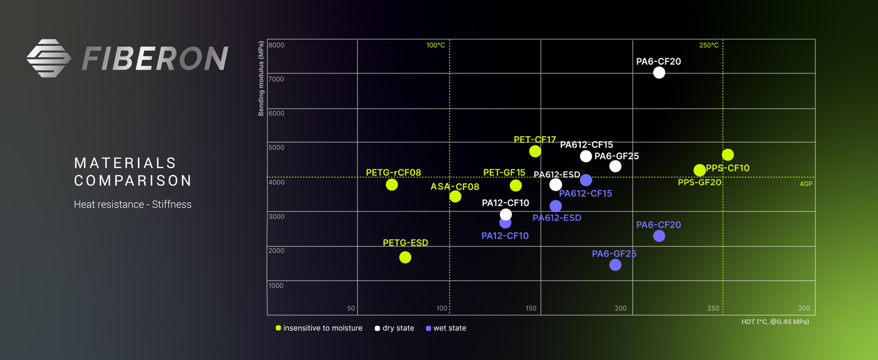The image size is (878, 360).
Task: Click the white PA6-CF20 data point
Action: (658, 72)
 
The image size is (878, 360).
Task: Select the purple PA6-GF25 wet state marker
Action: (615, 265)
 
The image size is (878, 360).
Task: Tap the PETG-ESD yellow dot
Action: (405, 257)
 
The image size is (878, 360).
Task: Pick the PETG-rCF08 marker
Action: (392, 184)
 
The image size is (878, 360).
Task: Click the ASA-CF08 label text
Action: (455, 186)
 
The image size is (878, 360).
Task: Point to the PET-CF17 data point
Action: (535, 151)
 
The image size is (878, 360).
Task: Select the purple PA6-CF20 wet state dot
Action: (658, 236)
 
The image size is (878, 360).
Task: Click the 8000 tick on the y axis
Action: (276, 45)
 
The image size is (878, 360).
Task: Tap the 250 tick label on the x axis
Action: (713, 308)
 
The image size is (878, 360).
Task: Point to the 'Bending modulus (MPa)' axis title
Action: (260, 79)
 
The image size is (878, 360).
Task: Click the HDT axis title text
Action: (775, 322)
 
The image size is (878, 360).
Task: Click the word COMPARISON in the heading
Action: (133, 181)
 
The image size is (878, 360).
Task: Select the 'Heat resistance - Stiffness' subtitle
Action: (132, 204)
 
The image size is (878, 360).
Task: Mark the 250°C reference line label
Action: (709, 45)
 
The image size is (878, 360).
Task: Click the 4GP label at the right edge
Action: (806, 184)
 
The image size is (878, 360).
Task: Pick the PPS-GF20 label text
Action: (699, 182)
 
